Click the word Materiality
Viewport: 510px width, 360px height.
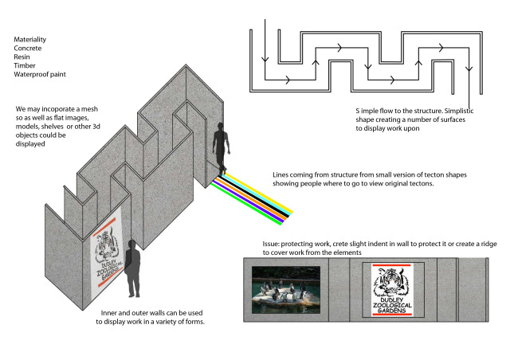30,39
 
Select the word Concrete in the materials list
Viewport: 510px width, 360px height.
28,48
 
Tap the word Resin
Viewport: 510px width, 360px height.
22,57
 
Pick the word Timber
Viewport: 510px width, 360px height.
25,65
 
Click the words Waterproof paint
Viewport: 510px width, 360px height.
40,75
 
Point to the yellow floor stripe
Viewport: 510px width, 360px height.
258,193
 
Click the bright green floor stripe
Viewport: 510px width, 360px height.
246,203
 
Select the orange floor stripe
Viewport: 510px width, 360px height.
251,199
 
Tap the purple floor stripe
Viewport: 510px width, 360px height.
249,201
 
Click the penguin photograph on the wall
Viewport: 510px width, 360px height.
286,290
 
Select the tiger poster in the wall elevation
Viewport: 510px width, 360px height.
392,290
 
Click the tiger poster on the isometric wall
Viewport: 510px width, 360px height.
106,252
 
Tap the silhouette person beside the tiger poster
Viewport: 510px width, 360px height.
131,268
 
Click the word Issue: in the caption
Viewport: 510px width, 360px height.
271,244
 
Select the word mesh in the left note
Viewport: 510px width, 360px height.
89,109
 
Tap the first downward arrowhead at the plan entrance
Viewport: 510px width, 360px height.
265,59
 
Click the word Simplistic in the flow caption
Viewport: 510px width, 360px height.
459,111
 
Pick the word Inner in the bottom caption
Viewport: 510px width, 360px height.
108,313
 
